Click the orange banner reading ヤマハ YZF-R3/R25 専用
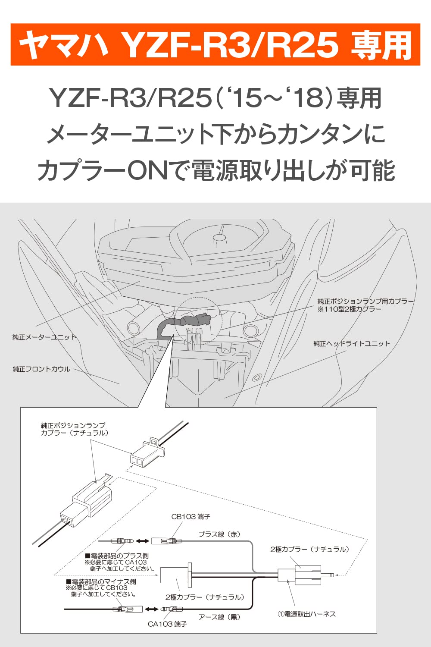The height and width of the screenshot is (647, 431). [215, 44]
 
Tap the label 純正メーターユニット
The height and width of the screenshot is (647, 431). [44, 337]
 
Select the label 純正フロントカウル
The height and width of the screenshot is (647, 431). [41, 369]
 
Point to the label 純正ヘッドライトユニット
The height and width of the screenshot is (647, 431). [351, 344]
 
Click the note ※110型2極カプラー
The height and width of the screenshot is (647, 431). [350, 309]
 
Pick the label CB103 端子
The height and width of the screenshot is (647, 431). [191, 517]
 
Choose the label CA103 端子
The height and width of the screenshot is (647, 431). [167, 624]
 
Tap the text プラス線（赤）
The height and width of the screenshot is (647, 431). [219, 534]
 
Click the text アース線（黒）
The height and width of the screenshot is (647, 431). [219, 617]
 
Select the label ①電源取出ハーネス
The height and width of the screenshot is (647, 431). [306, 614]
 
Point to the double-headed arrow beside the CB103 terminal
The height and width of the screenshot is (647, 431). [143, 541]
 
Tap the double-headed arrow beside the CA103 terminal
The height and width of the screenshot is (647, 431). [151, 609]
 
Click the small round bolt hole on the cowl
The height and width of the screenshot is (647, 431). [257, 378]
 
